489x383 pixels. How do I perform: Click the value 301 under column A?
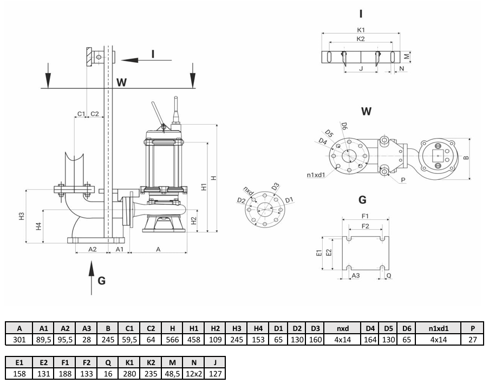(19, 340)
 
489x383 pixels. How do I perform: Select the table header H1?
(194, 328)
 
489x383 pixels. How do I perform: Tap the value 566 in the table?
(172, 340)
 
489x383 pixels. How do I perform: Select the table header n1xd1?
(439, 328)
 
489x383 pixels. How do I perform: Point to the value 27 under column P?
(472, 340)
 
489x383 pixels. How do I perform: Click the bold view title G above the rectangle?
(362, 200)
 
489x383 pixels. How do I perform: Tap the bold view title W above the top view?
(366, 112)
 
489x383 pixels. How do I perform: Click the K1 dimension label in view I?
(361, 30)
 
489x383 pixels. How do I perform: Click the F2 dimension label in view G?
(365, 226)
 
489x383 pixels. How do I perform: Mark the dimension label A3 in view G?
(356, 275)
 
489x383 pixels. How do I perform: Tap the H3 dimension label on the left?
(21, 216)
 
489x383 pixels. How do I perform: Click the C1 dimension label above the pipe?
(81, 114)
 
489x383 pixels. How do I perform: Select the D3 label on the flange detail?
(275, 186)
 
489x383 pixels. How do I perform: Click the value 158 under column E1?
(19, 373)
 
